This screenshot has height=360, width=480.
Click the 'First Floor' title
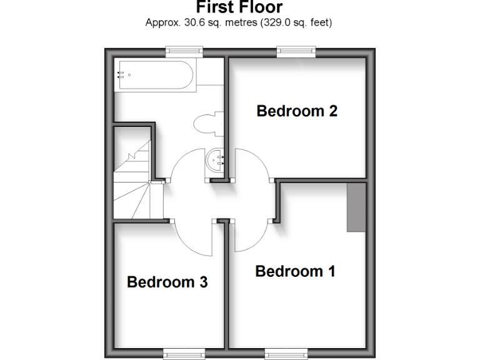coord(239,7)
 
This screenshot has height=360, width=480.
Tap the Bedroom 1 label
coord(295,272)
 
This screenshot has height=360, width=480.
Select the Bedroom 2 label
coord(297,111)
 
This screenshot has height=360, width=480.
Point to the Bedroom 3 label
coord(167,282)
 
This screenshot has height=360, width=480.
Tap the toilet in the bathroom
coord(206,123)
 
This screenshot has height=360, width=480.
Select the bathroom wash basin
coord(216,161)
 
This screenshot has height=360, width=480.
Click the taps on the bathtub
coord(121,75)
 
